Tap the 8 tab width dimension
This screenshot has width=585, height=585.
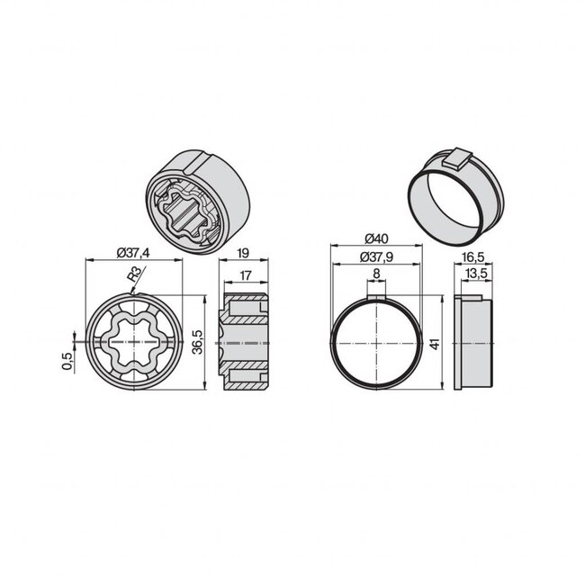[x=375, y=274]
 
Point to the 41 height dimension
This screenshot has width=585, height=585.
[x=433, y=344]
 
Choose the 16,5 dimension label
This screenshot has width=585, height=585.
[x=475, y=256]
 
